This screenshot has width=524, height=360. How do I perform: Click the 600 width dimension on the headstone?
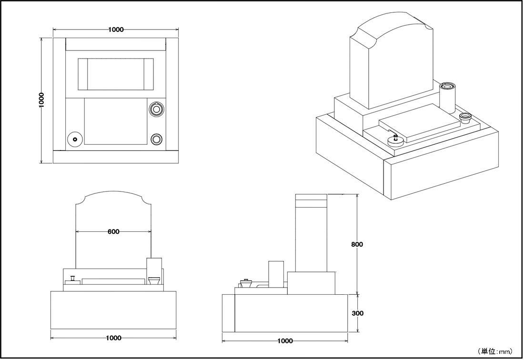114,231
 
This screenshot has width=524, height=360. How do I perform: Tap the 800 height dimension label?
357,244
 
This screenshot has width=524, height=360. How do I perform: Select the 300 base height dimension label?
357,313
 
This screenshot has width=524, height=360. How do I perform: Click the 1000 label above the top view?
116,30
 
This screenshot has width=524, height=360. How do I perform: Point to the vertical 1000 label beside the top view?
41,100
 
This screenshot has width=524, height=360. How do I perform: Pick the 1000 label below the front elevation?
114,338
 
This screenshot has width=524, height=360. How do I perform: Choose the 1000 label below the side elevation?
285,340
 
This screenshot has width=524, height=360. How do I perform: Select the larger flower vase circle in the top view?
156,109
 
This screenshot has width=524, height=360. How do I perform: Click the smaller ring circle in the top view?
156,139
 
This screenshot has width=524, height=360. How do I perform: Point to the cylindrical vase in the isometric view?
447,98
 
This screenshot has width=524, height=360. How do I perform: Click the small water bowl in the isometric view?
465,118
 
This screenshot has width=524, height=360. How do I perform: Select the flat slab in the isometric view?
419,121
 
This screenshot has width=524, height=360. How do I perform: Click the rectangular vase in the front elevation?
154,270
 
